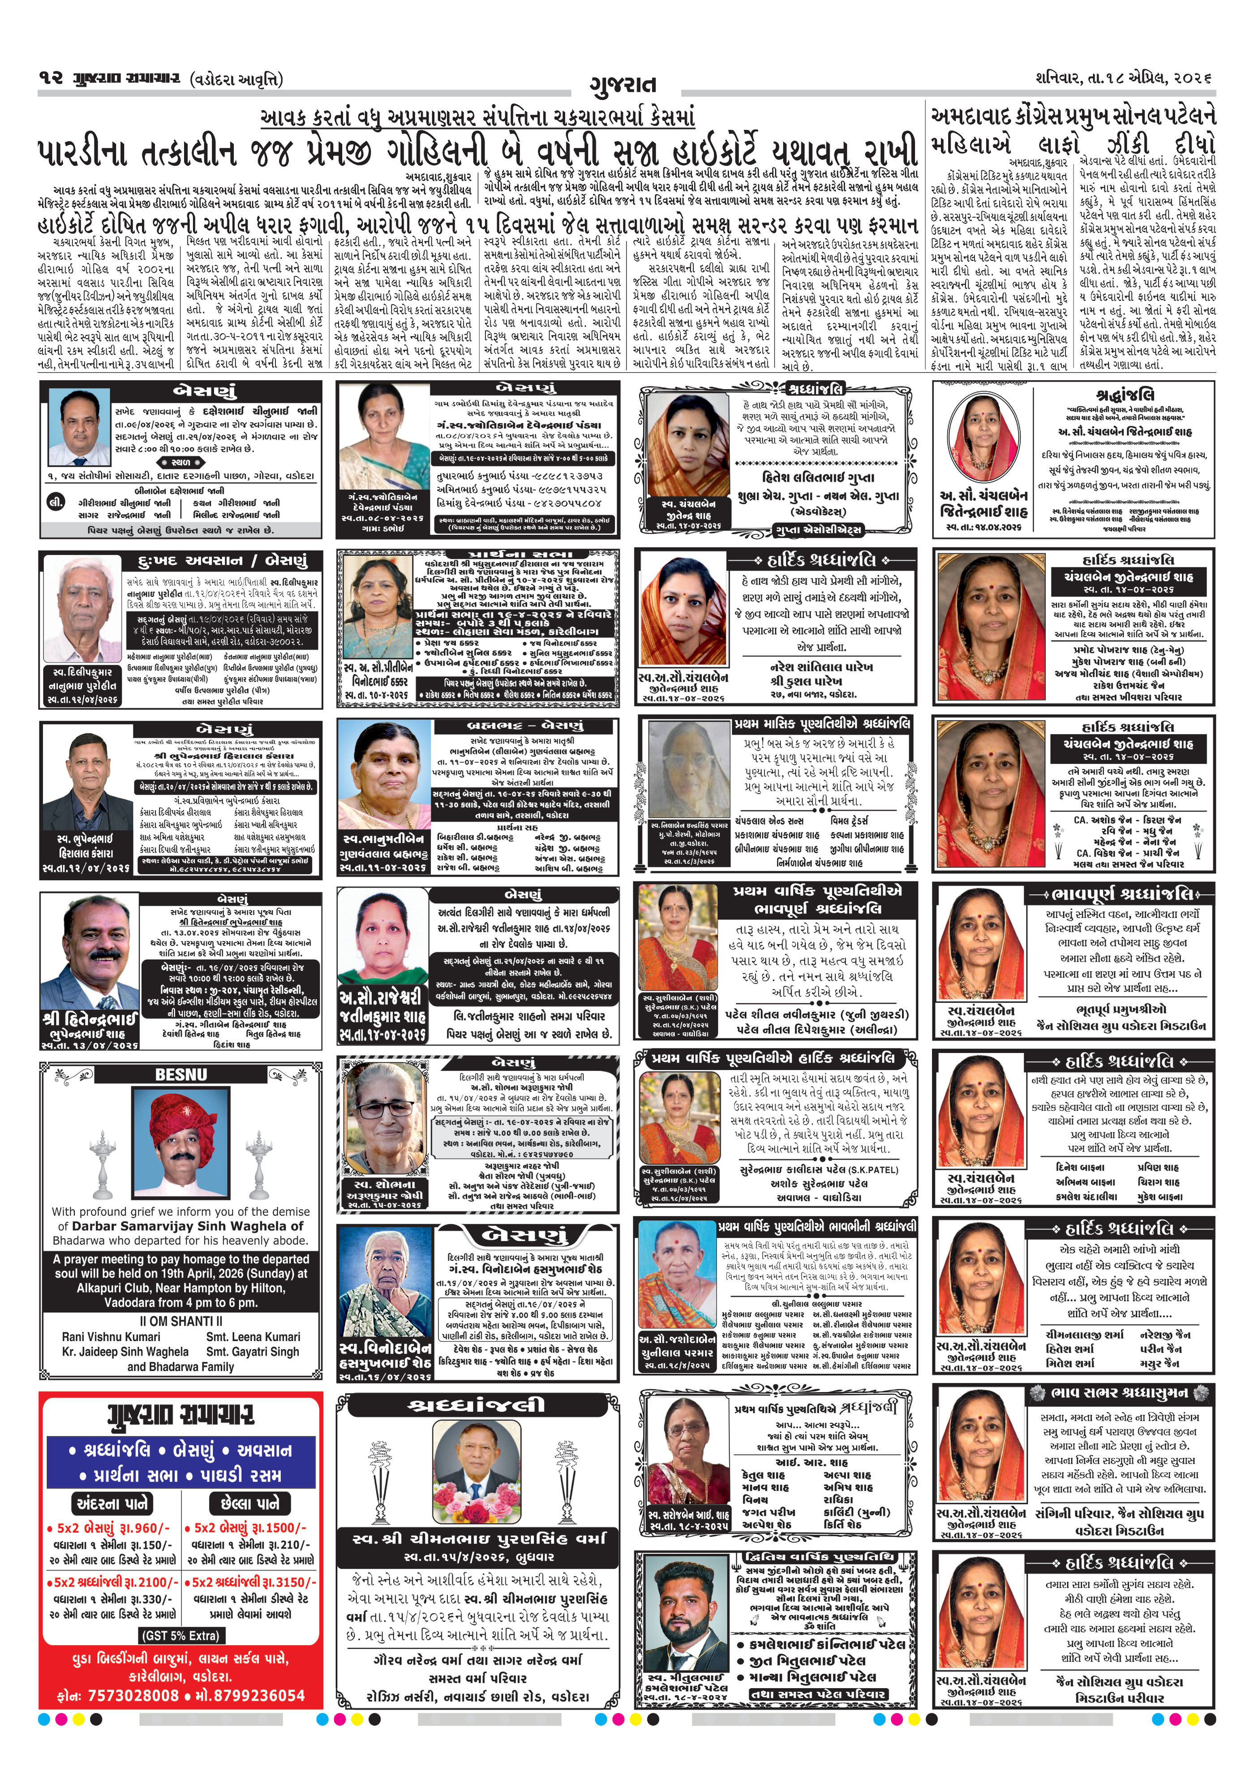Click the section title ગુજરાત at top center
click(x=623, y=84)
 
